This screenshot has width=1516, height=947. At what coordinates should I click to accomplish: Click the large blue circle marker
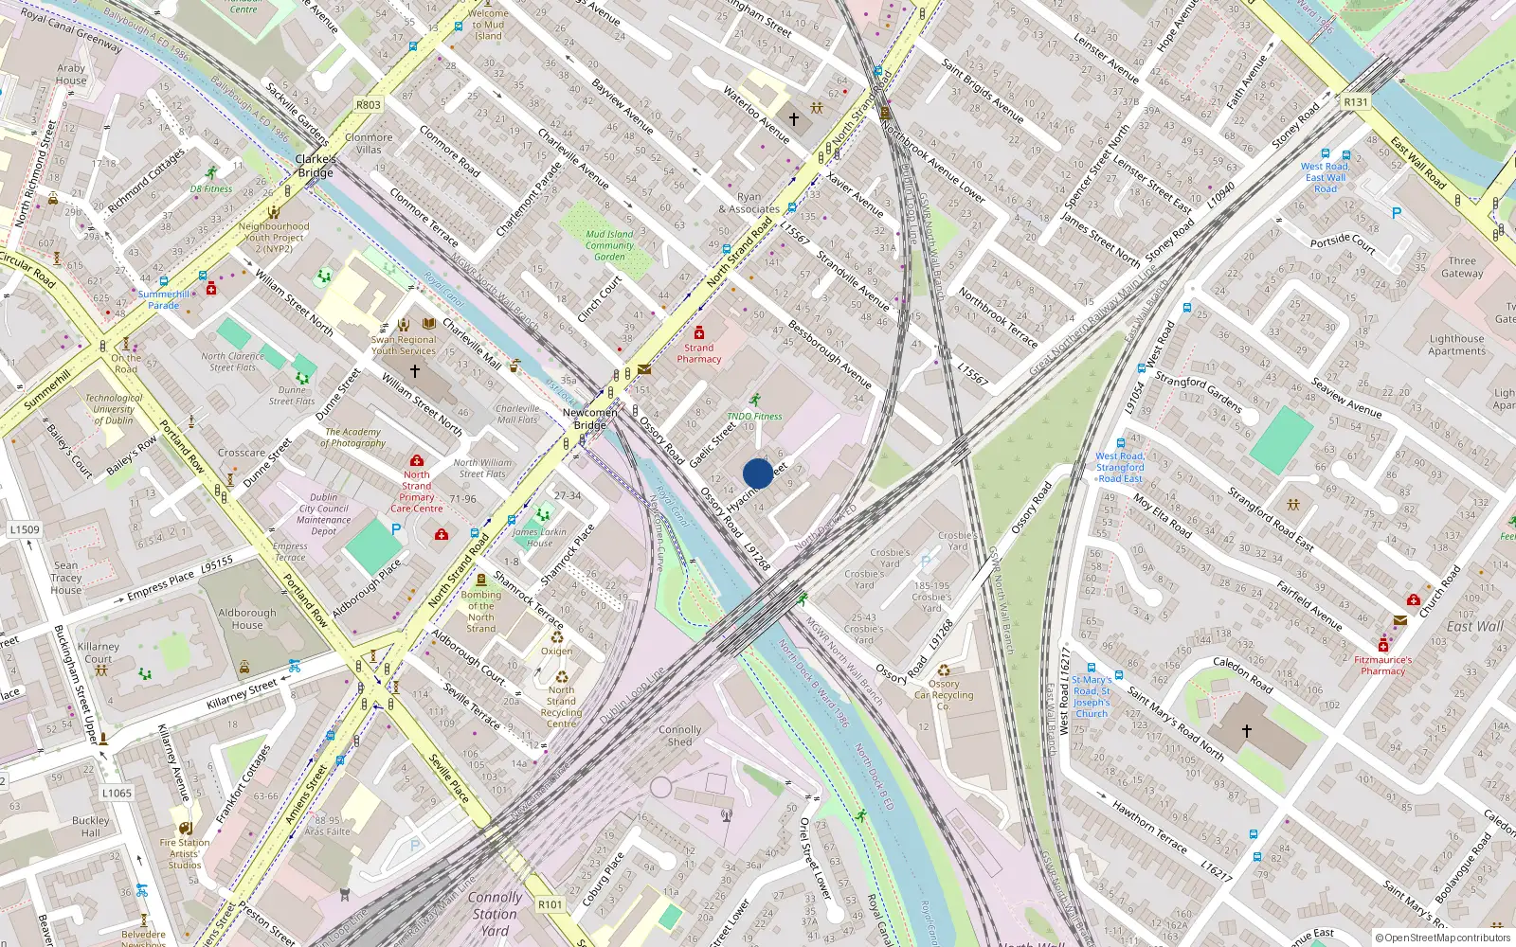(x=758, y=473)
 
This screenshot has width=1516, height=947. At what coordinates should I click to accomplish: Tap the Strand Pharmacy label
(x=699, y=353)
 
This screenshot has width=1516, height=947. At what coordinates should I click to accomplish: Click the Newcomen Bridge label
(x=589, y=419)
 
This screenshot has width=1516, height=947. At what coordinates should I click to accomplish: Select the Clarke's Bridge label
(x=316, y=166)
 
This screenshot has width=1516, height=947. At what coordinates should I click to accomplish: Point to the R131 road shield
(x=1356, y=102)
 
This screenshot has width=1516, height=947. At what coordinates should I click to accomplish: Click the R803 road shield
(x=369, y=105)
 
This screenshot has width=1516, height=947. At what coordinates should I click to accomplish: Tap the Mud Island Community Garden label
(x=609, y=245)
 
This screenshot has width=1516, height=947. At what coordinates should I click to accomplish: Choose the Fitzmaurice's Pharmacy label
(x=1382, y=665)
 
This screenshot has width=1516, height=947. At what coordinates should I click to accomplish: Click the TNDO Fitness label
(x=754, y=416)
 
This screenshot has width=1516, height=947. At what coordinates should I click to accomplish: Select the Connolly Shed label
(x=680, y=736)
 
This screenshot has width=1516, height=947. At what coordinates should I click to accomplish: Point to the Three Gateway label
(x=1462, y=267)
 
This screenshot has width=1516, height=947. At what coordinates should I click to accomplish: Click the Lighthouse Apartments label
(x=1456, y=345)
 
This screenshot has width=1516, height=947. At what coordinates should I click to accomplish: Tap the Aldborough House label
(x=247, y=618)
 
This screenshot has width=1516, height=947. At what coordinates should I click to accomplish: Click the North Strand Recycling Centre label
(x=561, y=706)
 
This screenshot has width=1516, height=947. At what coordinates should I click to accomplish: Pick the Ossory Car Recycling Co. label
(x=943, y=694)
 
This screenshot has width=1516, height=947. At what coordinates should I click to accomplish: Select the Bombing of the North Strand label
(x=480, y=612)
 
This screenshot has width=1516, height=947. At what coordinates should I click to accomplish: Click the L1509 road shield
(x=25, y=529)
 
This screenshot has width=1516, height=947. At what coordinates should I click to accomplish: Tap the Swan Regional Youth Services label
(x=404, y=345)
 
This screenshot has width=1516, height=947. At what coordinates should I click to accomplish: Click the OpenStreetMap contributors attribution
(x=1443, y=938)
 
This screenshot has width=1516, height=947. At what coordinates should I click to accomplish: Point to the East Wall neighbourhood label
(x=1474, y=626)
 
